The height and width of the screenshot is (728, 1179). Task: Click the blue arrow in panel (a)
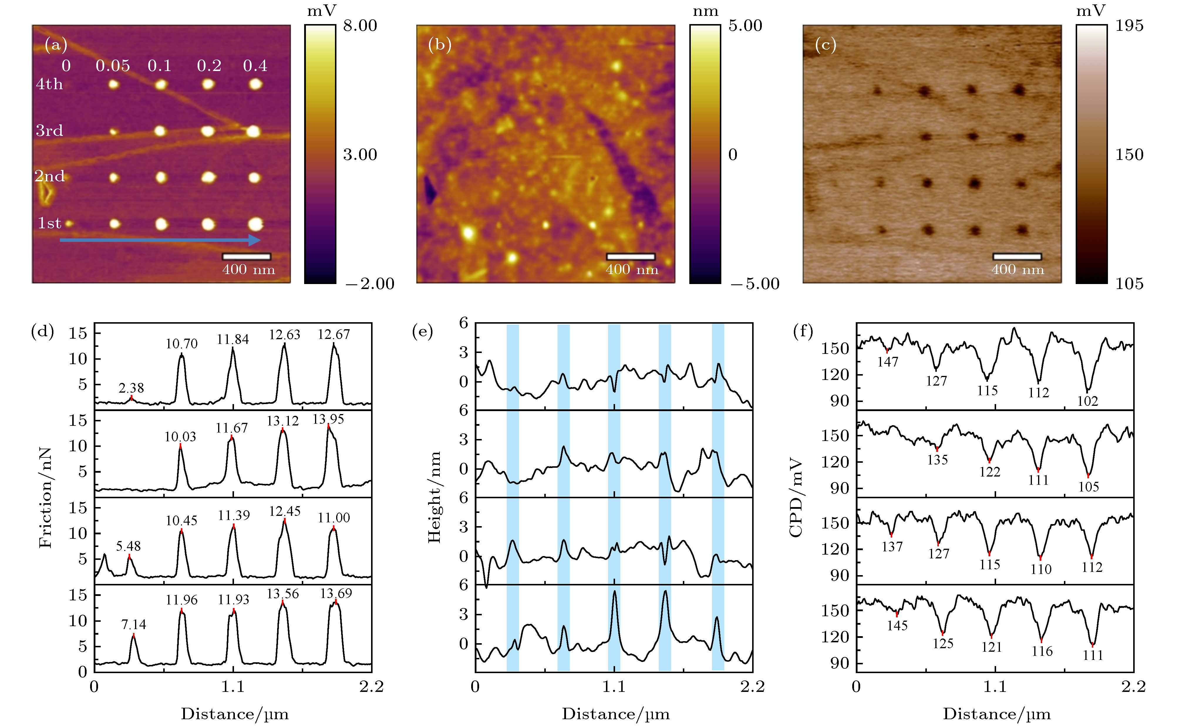point(159,240)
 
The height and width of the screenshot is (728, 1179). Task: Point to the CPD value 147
point(887,362)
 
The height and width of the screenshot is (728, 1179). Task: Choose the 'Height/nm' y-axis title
point(434,497)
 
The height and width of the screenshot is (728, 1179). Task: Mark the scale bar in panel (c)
point(1017,257)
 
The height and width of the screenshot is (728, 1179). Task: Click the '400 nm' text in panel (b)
point(632,270)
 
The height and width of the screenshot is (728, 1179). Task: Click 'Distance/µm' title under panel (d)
point(235,714)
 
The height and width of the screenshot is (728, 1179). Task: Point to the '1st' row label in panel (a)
point(50,223)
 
